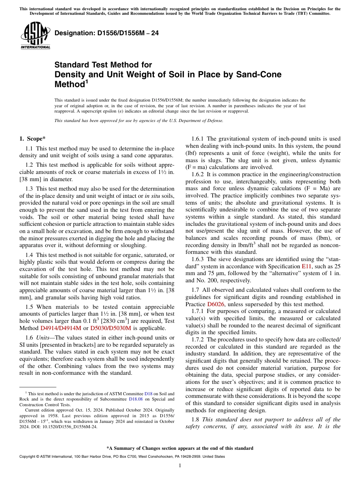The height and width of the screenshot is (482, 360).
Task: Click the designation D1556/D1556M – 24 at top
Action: click(106, 33)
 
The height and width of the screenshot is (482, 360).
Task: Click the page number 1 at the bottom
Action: click(180, 466)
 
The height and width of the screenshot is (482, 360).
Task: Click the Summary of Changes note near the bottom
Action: click(180, 448)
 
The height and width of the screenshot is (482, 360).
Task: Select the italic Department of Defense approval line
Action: click(139, 121)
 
